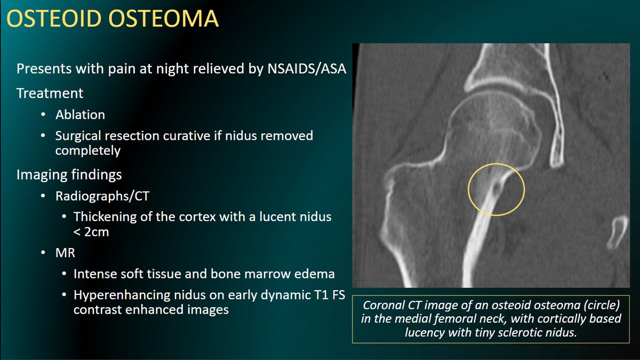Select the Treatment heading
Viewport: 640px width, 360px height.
click(50, 93)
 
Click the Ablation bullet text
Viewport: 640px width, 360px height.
click(80, 115)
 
